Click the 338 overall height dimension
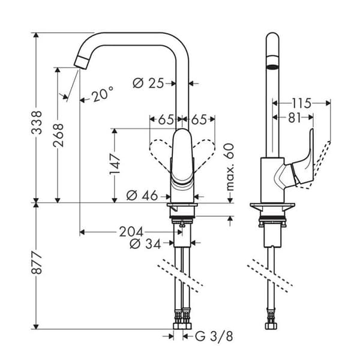pos(37,122)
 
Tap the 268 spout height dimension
pos(58,135)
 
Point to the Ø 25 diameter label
pos(149,83)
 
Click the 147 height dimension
pos(115,164)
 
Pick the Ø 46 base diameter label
pos(142,196)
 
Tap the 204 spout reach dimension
pos(131,232)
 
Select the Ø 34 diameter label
pos(145,244)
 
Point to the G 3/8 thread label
pos(214,337)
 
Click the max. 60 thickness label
pos(230,167)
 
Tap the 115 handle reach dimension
pos(301,103)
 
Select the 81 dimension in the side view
pos(295,118)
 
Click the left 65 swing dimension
pos(166,119)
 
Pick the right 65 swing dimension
pos(199,119)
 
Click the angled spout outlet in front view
pos(82,62)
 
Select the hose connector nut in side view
pos(269,326)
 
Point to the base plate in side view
pos(272,205)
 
